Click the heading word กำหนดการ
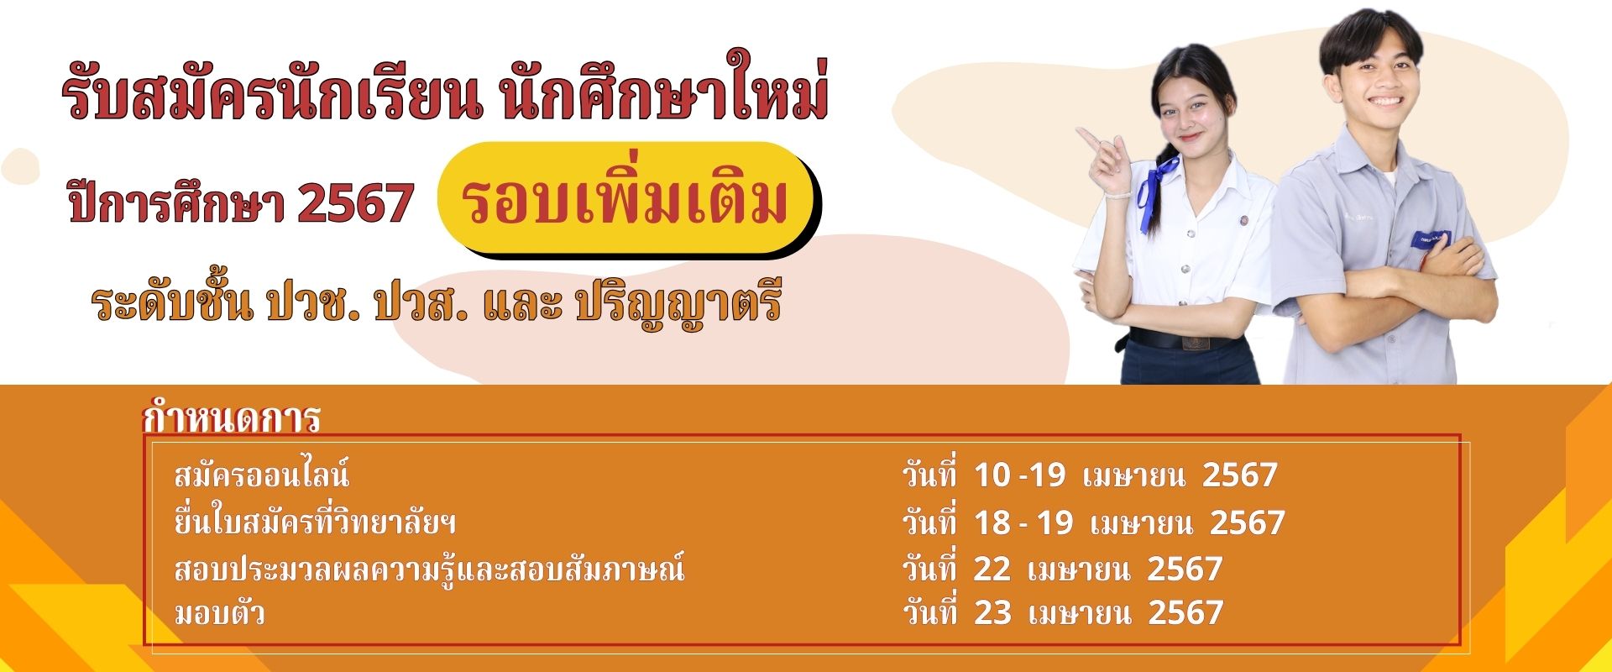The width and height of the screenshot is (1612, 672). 232,417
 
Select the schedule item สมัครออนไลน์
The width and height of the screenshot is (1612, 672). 261,476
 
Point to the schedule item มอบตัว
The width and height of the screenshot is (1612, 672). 219,613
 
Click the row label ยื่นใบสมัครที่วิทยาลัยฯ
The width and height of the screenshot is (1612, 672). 315,523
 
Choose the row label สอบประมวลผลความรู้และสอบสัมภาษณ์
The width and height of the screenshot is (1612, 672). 429,569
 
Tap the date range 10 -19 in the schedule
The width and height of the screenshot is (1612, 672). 1019,475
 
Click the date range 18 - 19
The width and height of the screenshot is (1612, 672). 1023,523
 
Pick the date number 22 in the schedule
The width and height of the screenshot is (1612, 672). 992,570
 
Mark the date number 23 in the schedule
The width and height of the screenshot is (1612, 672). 992,613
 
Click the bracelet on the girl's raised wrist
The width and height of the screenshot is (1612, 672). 1112,193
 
